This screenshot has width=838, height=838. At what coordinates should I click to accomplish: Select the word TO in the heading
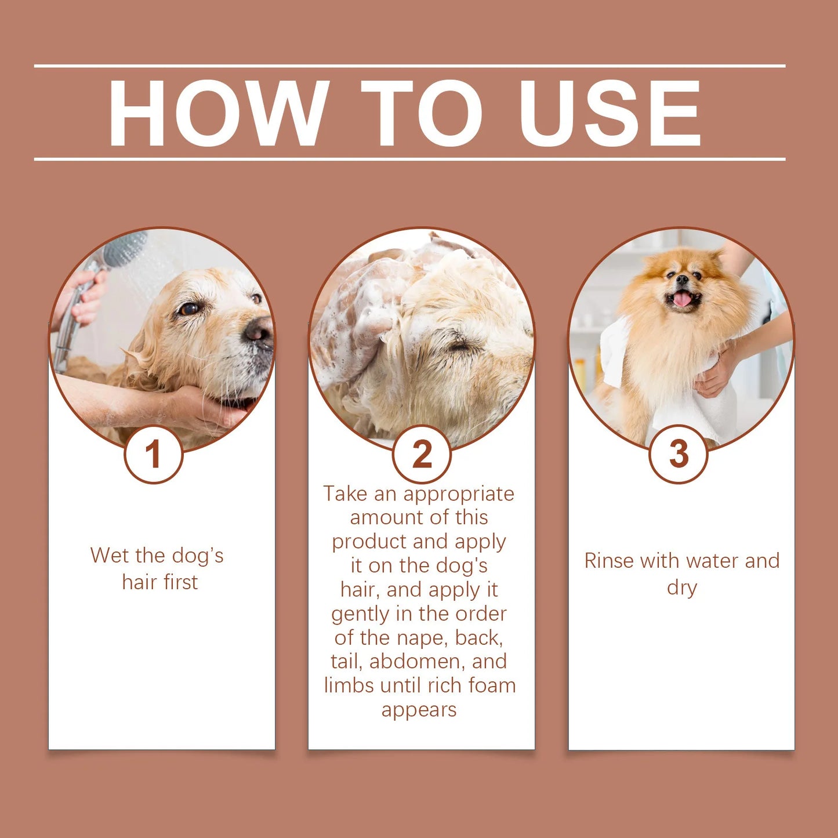(422, 113)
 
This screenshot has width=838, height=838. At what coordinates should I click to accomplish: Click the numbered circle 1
(153, 454)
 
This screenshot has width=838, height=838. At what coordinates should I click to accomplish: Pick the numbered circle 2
(422, 454)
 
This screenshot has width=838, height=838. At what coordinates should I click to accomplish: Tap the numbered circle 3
(678, 454)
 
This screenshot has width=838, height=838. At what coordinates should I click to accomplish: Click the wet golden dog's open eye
(188, 309)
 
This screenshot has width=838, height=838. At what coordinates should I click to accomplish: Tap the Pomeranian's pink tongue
(682, 299)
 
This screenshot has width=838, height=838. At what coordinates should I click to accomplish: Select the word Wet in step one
(110, 556)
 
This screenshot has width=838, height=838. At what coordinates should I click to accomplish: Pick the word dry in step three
(681, 587)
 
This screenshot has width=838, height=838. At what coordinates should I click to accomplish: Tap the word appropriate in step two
(459, 494)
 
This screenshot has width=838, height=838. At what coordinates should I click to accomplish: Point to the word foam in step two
(492, 685)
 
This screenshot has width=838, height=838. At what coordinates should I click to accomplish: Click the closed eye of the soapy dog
(461, 347)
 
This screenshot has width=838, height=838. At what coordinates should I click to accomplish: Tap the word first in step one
(180, 582)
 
